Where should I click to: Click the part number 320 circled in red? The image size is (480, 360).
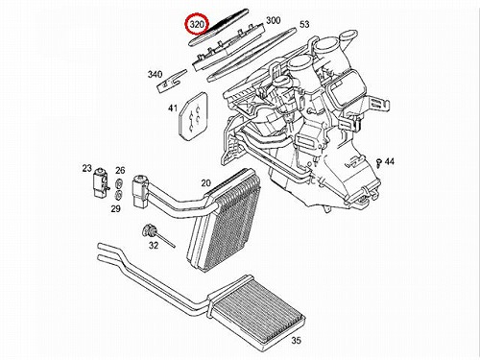197,24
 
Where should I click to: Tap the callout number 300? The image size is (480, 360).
274,20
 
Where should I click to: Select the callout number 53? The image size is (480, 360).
304,24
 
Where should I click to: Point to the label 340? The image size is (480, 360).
155,75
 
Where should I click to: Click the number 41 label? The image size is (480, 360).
173,108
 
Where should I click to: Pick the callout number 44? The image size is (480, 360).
389,161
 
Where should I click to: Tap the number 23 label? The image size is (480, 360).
86,168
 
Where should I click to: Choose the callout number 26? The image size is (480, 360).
120,170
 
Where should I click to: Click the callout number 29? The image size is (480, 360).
115,208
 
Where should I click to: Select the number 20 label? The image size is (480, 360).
206,182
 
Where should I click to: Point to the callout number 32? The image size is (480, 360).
154,245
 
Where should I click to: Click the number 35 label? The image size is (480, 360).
296,340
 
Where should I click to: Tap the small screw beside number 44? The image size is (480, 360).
379,161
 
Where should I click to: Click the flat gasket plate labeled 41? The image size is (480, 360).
193,116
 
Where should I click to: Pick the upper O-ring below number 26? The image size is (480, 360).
118,184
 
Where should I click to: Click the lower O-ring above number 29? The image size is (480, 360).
118,195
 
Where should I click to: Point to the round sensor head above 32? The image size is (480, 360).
148,230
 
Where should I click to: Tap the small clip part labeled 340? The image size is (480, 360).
171,82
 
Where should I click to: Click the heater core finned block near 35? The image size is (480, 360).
257,307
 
